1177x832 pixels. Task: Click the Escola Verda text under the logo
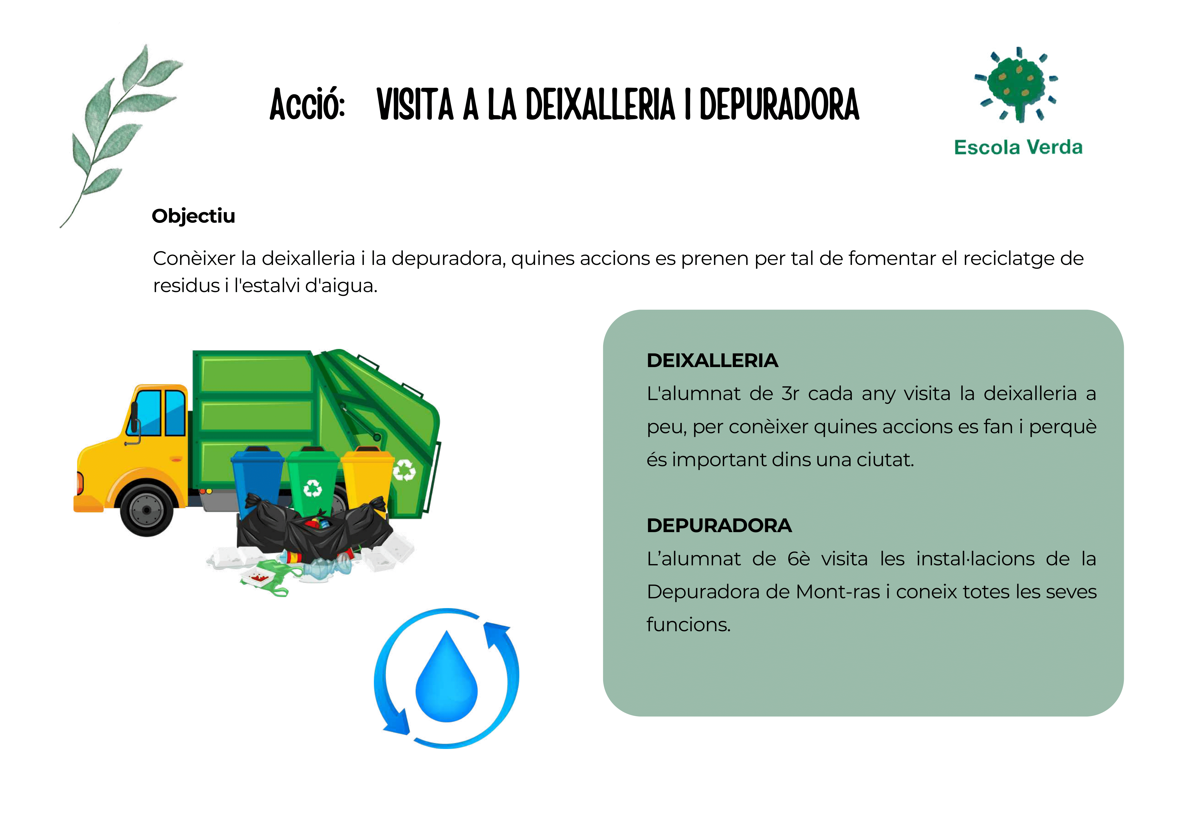(1018, 148)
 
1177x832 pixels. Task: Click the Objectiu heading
(193, 216)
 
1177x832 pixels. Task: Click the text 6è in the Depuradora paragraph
(799, 559)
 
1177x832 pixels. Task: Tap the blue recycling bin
(257, 479)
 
